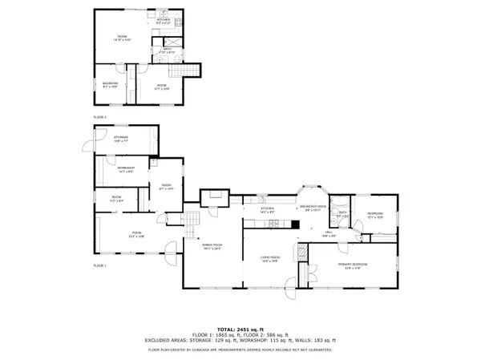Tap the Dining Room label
(211, 247)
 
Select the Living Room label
(269, 259)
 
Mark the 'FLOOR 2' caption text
(99, 117)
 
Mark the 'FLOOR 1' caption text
(99, 265)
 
